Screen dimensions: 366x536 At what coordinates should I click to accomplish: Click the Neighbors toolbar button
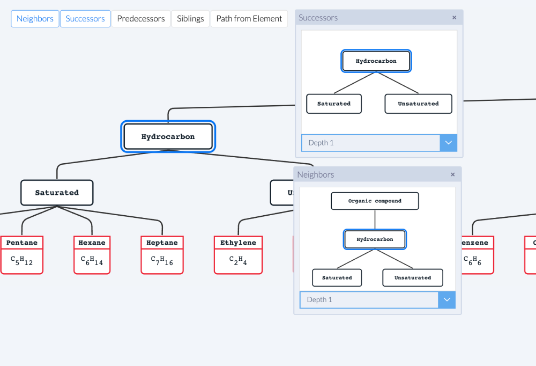(35, 19)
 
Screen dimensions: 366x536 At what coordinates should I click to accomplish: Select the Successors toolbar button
(85, 19)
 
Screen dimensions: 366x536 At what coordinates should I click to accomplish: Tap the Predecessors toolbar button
(141, 19)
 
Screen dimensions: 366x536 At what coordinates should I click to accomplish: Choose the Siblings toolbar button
(190, 19)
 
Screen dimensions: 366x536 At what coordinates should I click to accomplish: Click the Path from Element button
(249, 19)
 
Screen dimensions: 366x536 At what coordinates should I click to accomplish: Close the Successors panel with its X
(454, 18)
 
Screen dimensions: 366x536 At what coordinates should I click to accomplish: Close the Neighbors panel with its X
(452, 174)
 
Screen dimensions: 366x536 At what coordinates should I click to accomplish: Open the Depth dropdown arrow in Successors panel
(449, 143)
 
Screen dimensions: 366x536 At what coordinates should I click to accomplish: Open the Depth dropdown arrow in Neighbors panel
(447, 299)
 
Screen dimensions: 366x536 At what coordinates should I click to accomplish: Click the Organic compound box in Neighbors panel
(375, 201)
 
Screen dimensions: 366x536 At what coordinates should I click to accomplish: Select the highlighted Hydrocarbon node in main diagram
(168, 137)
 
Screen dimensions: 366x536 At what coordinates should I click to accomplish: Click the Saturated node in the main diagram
(57, 193)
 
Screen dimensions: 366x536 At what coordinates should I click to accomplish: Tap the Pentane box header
(22, 243)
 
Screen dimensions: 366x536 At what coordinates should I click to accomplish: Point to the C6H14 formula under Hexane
(92, 261)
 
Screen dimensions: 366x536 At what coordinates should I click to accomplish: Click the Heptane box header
(162, 243)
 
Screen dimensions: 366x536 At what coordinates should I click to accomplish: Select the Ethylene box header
(238, 243)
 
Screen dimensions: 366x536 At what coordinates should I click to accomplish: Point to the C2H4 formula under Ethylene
(238, 261)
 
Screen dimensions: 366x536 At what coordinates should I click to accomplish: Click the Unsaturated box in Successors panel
(418, 104)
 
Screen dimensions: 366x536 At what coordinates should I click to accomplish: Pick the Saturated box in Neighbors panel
(337, 277)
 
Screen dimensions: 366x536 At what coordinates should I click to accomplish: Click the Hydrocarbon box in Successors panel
(376, 61)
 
